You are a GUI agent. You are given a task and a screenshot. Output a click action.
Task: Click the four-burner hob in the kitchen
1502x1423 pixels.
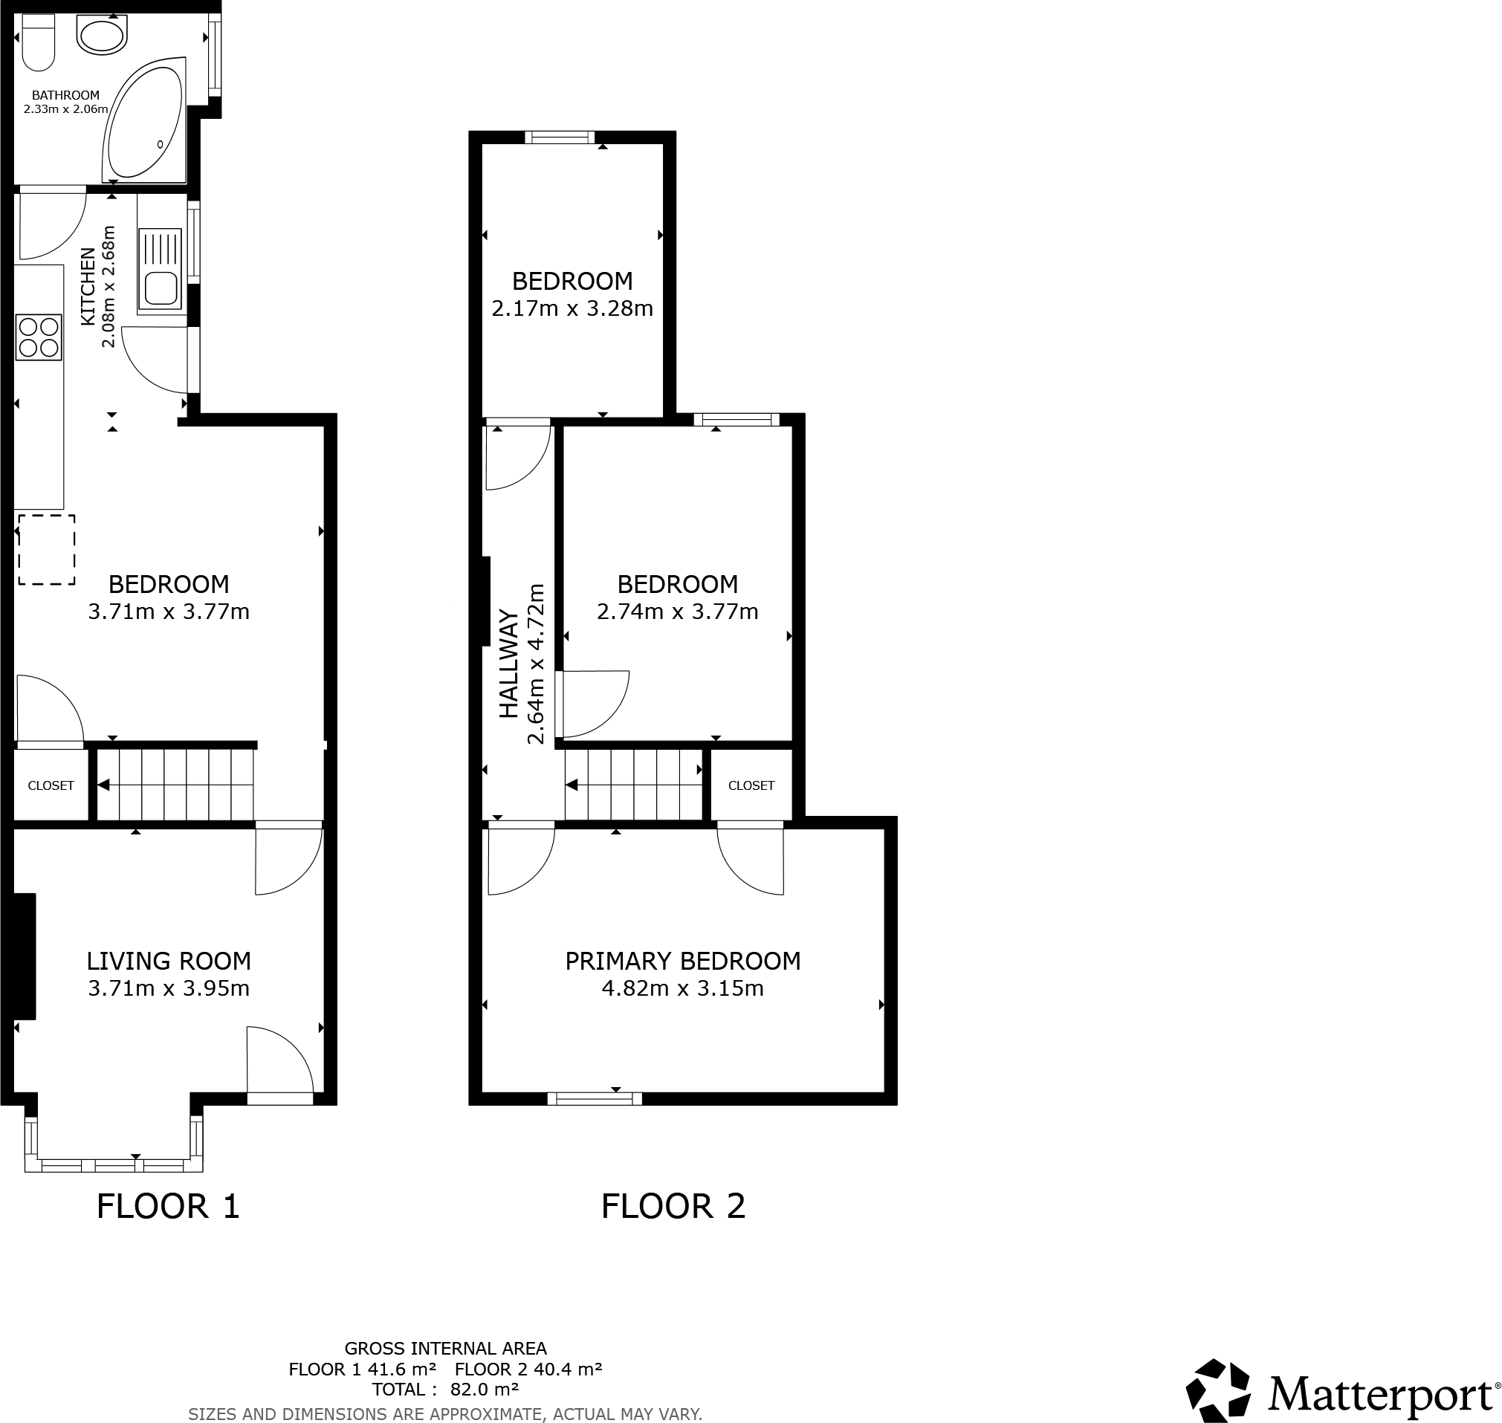click(x=39, y=337)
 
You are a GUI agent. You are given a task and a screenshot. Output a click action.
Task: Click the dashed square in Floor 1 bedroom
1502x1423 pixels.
click(x=47, y=550)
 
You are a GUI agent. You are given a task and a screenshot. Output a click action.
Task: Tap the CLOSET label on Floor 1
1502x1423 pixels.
click(x=51, y=786)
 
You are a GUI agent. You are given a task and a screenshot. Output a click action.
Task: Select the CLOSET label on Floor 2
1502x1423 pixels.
click(x=751, y=786)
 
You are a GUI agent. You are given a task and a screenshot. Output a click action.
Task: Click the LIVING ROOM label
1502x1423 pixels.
click(x=169, y=961)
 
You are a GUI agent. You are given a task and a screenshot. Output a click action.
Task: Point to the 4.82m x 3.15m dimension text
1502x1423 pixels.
click(x=682, y=988)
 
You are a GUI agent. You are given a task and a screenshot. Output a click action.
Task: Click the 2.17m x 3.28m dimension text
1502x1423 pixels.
click(x=572, y=308)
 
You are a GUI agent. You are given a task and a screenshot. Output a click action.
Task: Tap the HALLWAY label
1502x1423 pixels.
click(x=508, y=664)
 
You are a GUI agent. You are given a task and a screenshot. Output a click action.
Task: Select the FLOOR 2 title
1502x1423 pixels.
click(x=673, y=1206)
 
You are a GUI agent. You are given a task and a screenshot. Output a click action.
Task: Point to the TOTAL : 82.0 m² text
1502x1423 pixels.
click(x=445, y=1390)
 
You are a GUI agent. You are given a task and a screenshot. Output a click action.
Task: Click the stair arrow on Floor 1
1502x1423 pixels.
click(x=104, y=785)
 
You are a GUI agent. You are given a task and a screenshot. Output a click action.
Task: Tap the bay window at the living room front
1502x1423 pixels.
click(x=114, y=1164)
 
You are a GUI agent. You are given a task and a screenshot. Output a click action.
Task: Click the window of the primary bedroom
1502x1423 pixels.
click(x=594, y=1098)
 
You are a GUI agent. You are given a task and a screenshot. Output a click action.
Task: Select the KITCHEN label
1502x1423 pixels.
click(x=88, y=287)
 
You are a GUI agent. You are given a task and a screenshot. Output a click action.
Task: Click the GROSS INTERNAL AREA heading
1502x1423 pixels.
click(x=445, y=1349)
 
